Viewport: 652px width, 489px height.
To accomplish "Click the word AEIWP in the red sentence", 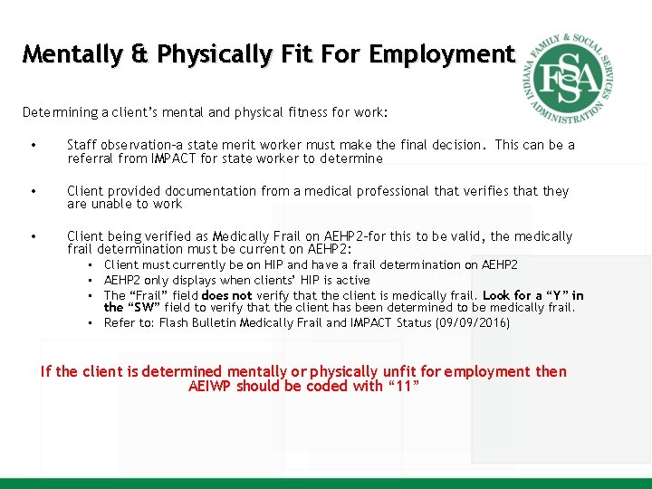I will [x=210, y=386].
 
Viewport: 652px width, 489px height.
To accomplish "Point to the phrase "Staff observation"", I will [x=116, y=145].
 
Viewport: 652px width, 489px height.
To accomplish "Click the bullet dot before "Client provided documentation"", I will [x=32, y=191].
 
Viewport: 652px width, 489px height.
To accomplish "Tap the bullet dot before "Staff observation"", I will [x=32, y=145].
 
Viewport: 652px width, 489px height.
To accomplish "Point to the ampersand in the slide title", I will [x=140, y=54].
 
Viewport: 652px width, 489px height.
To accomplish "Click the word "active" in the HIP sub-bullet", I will [x=353, y=281].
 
